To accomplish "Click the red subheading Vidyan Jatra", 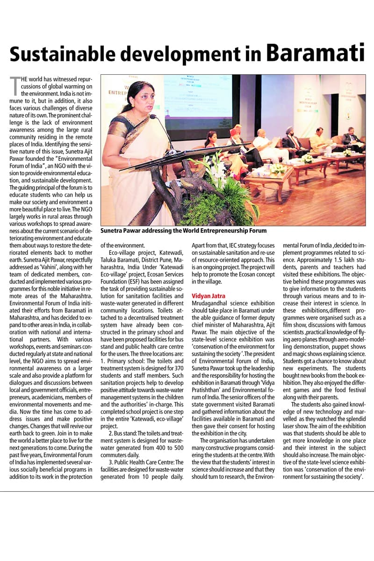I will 209,296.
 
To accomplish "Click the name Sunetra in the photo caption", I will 114,230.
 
